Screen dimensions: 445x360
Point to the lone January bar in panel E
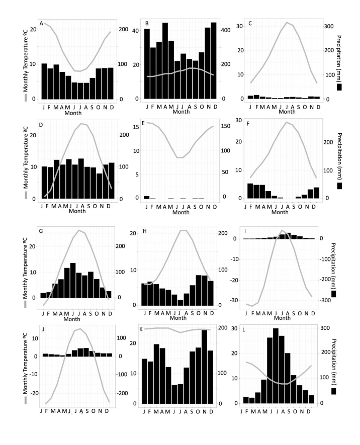[x=146, y=198]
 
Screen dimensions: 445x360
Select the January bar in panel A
[x=44, y=81]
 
